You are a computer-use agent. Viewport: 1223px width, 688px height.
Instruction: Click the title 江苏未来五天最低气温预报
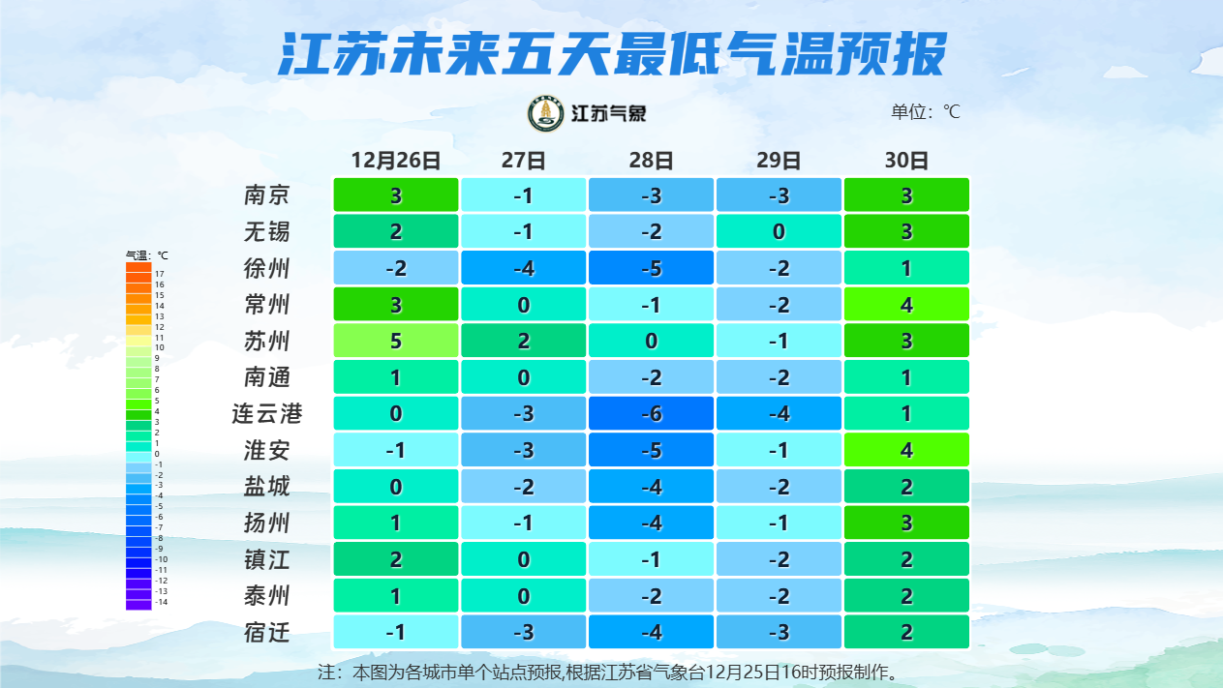611,54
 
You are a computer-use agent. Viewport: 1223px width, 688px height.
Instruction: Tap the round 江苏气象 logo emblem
545,114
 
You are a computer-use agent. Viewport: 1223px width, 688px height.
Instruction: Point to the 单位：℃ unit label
925,112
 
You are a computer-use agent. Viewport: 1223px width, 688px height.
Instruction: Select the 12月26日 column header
395,161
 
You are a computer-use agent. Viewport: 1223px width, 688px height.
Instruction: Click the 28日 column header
651,161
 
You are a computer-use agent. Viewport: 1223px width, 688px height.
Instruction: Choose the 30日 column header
906,161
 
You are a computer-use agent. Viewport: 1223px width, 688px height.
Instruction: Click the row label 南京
266,195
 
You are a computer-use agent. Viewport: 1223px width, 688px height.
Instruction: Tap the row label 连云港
266,414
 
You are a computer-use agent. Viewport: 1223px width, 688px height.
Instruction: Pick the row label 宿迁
266,633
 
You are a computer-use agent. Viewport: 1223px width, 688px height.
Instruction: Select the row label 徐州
266,268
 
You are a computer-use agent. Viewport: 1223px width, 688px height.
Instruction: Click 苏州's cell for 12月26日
395,341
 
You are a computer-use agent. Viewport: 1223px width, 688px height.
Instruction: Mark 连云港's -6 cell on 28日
651,414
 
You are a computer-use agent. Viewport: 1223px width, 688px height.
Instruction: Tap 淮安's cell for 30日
906,450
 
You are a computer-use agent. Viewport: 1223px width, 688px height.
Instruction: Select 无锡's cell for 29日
779,232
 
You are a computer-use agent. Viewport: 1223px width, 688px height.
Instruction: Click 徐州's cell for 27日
523,268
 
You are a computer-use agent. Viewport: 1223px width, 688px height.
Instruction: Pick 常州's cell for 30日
906,305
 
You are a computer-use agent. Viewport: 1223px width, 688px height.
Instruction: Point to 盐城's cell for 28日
651,487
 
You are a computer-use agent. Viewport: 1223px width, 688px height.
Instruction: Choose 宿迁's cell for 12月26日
395,633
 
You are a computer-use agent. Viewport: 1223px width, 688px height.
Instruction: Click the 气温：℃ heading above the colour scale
147,255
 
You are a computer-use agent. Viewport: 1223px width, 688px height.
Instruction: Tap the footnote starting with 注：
611,671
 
